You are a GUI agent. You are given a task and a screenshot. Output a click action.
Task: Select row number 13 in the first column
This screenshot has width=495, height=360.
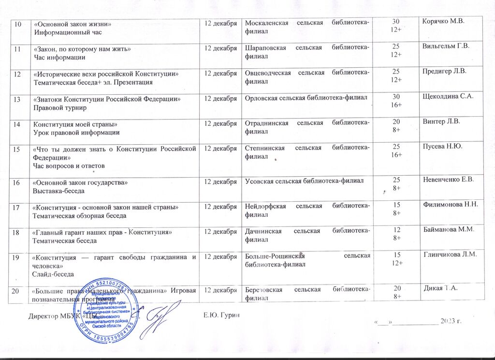coord(17,99)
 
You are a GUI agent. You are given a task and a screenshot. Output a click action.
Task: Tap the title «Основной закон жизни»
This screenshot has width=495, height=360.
coord(72,24)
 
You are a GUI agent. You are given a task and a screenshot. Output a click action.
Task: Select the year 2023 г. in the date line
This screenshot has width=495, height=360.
coord(452,321)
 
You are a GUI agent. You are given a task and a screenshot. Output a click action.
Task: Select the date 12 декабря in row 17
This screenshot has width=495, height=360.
coord(220,207)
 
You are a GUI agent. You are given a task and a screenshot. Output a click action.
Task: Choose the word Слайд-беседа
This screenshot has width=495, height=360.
coord(53,274)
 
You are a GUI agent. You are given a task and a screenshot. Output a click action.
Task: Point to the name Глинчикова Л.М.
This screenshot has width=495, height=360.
coord(450,255)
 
